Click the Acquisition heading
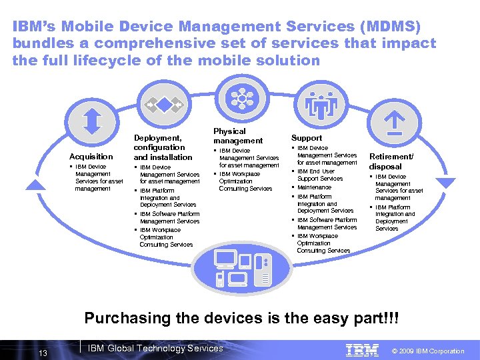91,157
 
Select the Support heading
307,138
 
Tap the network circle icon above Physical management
239,99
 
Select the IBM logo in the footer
362,350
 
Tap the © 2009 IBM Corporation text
428,351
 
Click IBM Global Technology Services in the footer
156,348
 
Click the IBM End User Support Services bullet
319,175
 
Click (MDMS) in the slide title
393,27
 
